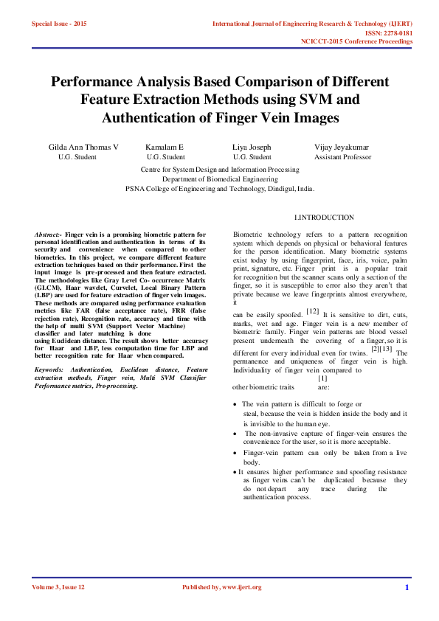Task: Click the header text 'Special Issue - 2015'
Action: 59,24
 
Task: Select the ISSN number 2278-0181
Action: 397,33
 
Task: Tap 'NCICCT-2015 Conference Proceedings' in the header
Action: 356,42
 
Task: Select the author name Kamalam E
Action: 165,148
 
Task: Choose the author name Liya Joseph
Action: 252,148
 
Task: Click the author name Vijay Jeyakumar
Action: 342,148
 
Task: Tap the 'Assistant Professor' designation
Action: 342,157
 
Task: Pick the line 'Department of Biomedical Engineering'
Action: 219,178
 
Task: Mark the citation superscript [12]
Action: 313,311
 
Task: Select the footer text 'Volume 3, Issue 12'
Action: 58,588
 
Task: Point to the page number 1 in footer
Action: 407,588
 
